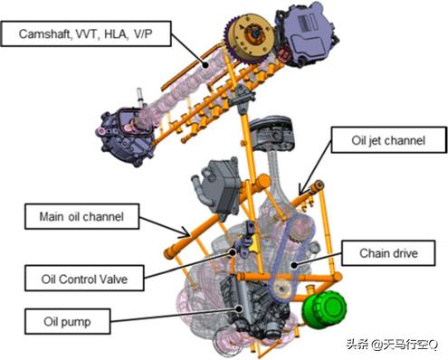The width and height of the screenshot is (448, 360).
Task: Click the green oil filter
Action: (x=324, y=308)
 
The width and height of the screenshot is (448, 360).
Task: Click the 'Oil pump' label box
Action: (x=67, y=321)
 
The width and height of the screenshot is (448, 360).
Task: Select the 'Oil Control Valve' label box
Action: (x=84, y=279)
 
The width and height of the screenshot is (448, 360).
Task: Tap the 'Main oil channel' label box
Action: (x=81, y=216)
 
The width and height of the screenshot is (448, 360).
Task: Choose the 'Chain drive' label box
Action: (x=388, y=253)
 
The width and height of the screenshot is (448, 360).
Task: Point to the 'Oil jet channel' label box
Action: (x=389, y=140)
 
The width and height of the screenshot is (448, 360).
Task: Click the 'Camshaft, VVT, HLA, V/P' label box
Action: (x=86, y=33)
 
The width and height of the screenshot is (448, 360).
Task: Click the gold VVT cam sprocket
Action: (x=249, y=39)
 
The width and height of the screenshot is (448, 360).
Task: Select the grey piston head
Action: (x=271, y=133)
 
